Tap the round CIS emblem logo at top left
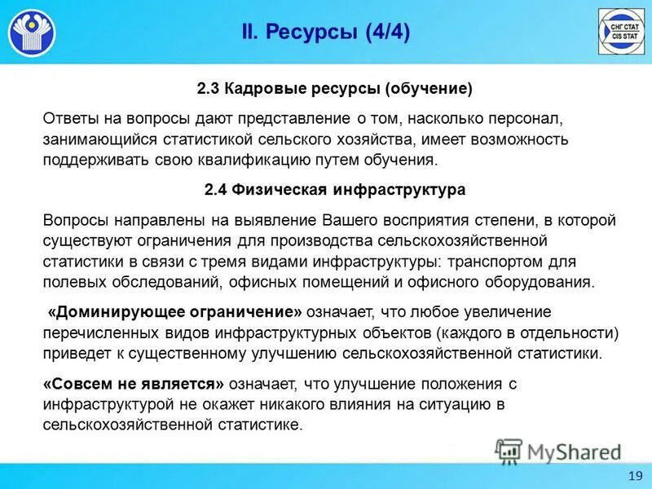[32, 33]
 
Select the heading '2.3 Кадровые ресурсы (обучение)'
[334, 87]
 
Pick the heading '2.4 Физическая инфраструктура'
[334, 189]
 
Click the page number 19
[635, 476]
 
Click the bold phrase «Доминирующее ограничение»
[175, 311]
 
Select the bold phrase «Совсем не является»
[133, 383]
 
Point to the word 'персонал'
[522, 117]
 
